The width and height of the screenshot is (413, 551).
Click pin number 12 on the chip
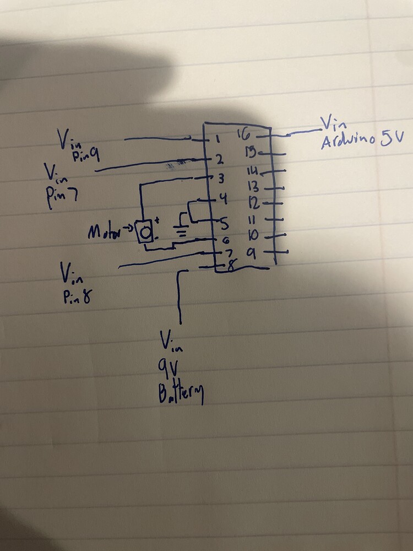[253, 203]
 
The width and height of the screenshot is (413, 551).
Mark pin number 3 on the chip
[220, 178]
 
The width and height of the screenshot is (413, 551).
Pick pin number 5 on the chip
[223, 223]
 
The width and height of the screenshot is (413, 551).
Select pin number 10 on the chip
[253, 237]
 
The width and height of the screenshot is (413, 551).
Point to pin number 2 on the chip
[219, 160]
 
